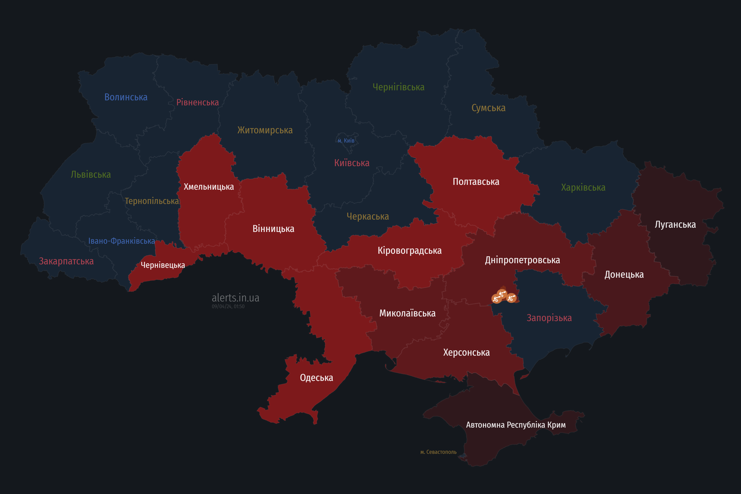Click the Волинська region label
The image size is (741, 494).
click(x=126, y=97)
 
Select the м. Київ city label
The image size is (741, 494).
click(x=346, y=140)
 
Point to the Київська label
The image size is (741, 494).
click(x=352, y=163)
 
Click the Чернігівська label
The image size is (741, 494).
click(x=398, y=87)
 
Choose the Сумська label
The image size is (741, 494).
click(x=488, y=108)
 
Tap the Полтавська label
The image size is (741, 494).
click(x=476, y=182)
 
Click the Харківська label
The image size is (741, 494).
click(x=583, y=187)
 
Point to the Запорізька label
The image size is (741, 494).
click(x=549, y=318)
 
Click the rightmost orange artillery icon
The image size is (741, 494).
click(x=511, y=298)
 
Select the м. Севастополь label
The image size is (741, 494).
click(x=438, y=452)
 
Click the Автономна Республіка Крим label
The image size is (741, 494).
click(x=516, y=425)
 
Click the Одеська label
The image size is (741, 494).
click(x=316, y=378)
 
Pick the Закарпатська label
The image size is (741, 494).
click(x=66, y=261)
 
